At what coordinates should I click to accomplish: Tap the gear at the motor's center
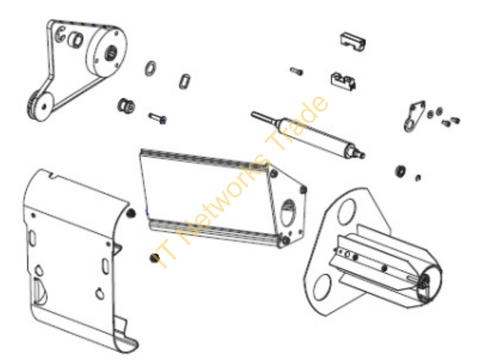[110, 53]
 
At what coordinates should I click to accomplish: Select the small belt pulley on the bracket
[40, 106]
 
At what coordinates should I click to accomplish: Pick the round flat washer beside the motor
[151, 68]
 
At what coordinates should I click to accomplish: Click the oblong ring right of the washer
[184, 82]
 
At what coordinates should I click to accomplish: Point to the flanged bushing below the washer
[126, 106]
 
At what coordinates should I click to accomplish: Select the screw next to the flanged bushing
[157, 118]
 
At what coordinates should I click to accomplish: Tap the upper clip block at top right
[353, 41]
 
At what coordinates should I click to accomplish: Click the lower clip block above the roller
[343, 81]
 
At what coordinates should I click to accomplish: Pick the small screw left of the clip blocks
[296, 71]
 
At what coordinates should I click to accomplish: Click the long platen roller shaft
[308, 134]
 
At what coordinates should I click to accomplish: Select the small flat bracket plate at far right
[414, 116]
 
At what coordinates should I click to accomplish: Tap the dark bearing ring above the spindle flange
[400, 172]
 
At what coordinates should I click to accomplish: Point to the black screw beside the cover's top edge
[131, 213]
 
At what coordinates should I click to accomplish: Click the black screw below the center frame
[154, 258]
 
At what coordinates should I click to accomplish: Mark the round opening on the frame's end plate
[288, 212]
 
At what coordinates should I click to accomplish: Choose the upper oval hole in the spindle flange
[347, 212]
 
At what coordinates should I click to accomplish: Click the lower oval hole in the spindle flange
[322, 287]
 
